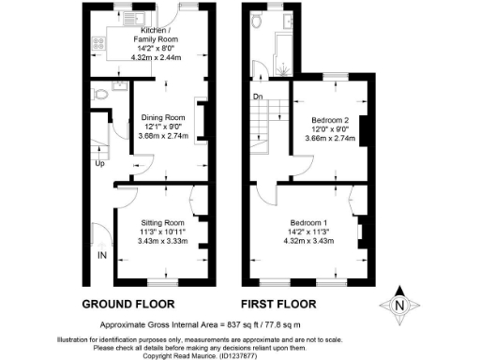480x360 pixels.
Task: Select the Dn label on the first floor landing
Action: pos(257,96)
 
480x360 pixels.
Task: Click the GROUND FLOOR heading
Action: pos(128,305)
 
